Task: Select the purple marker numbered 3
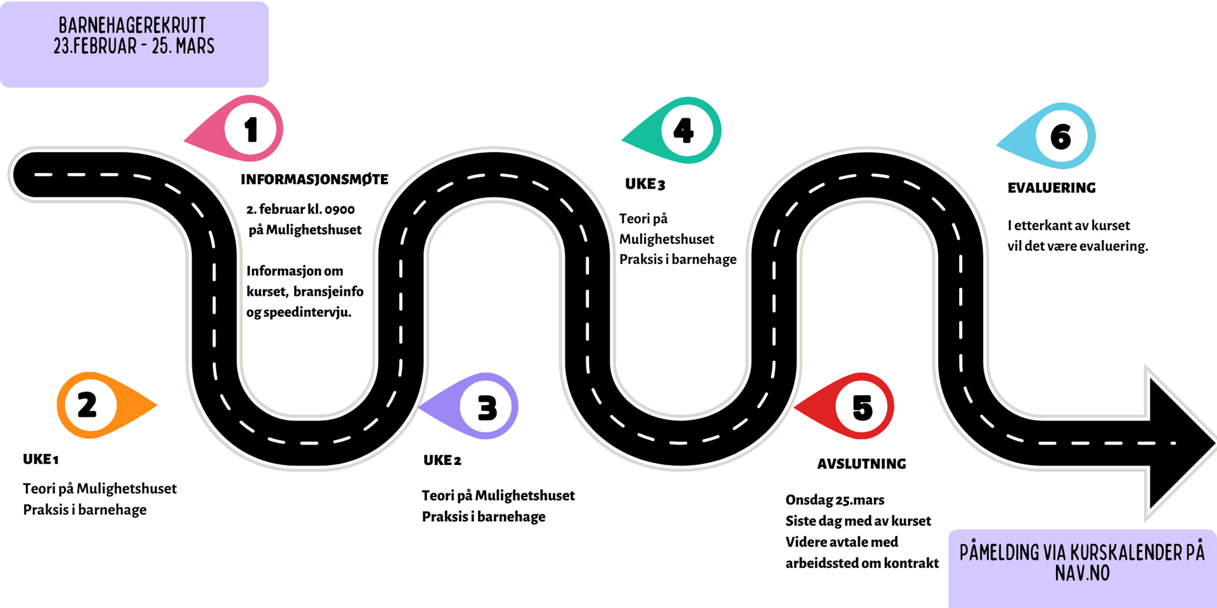486,407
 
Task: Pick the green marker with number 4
684,130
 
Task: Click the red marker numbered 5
862,407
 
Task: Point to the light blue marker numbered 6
1060,136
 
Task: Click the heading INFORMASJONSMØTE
314,180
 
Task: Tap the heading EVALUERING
1052,188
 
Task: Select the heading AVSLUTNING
861,464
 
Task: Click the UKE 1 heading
41,460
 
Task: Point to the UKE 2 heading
442,461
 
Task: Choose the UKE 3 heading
645,184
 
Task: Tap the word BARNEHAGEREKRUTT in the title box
132,25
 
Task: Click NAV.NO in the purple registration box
1082,573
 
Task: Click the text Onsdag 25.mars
835,500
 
